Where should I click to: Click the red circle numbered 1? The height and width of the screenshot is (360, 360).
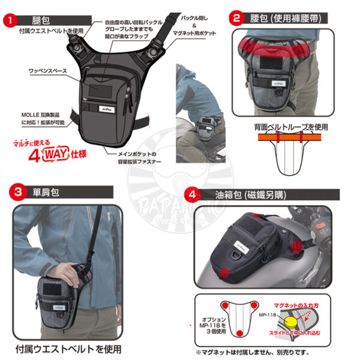(x=8, y=20)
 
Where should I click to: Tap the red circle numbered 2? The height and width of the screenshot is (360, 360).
(x=237, y=18)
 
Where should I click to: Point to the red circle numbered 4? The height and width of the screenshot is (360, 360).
(x=191, y=194)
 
